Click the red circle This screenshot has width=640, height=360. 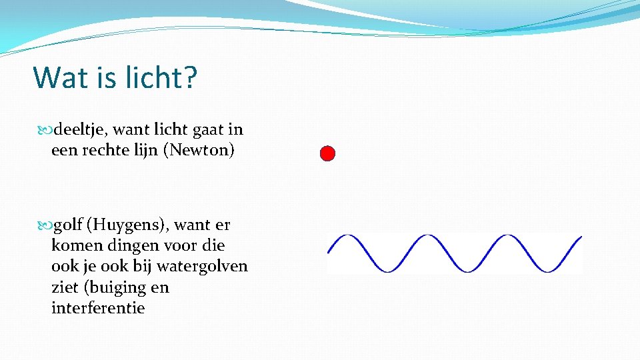point(327,154)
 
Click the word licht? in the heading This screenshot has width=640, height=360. point(160,77)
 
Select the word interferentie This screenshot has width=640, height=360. point(97,308)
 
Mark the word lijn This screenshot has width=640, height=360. point(150,150)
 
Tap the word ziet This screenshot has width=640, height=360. point(64,287)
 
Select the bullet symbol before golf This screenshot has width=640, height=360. point(44,226)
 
